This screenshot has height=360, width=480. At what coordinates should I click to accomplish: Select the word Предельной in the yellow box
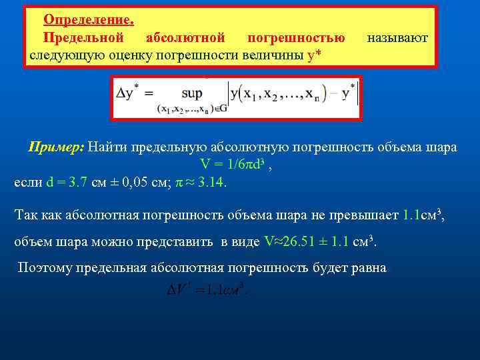tap(83, 37)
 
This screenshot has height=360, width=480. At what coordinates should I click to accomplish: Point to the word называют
tap(398, 37)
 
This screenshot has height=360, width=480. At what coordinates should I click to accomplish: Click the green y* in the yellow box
tap(314, 55)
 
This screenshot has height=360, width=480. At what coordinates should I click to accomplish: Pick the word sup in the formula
tap(191, 93)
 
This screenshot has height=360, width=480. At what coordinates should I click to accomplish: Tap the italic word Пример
tap(55, 147)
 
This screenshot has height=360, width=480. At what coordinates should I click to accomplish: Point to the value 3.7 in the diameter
tap(75, 181)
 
